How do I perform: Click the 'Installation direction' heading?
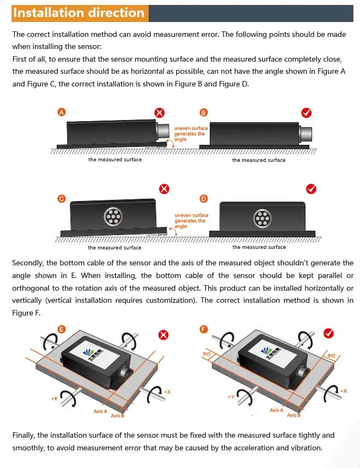[x=79, y=13]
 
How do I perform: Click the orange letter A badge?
[x=62, y=112]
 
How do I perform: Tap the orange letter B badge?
[x=204, y=112]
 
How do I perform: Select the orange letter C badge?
[x=62, y=198]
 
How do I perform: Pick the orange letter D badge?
[x=204, y=198]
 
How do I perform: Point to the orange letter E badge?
[x=62, y=329]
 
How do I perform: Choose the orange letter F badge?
[x=204, y=329]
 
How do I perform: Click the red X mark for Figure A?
[x=159, y=113]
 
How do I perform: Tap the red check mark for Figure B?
[x=307, y=113]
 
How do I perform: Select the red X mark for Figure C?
[x=164, y=189]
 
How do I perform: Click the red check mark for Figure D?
[x=311, y=189]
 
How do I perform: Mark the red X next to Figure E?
[x=163, y=334]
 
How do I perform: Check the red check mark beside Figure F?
[x=329, y=333]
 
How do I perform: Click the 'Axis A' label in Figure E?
[x=100, y=411]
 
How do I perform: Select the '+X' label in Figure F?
[x=343, y=390]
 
